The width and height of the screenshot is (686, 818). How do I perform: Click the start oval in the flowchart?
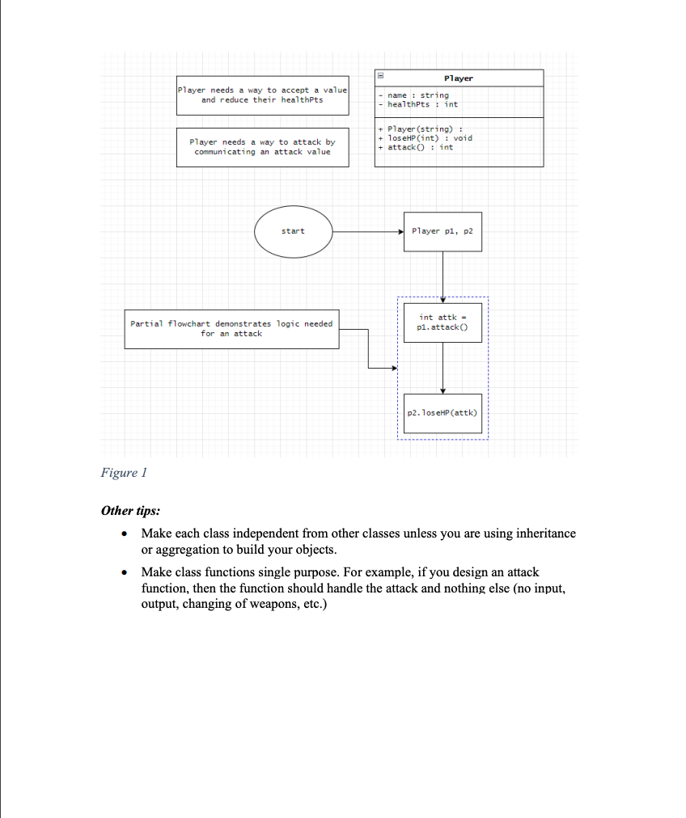click(293, 231)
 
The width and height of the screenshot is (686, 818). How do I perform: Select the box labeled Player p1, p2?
click(442, 231)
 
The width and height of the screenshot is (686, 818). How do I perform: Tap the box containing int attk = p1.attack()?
click(443, 323)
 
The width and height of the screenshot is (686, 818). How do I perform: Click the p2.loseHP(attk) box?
click(443, 412)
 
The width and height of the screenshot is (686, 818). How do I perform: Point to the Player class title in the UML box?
click(459, 78)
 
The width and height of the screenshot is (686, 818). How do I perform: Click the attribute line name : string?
click(418, 95)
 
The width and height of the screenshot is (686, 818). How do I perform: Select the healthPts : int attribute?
click(422, 104)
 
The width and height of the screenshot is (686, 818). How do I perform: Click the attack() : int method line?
click(420, 147)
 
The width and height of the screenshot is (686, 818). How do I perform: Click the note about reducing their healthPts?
click(263, 95)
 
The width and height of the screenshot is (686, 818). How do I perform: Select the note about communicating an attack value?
click(262, 147)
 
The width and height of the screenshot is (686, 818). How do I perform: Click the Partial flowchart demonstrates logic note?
click(231, 328)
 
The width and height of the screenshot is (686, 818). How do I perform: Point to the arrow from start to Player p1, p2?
click(368, 231)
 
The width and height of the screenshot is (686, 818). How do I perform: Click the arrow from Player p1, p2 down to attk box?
click(443, 275)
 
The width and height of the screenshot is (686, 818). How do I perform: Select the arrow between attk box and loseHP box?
click(443, 368)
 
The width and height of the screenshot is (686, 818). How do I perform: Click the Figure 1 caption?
click(124, 473)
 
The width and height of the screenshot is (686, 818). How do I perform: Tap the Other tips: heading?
click(130, 511)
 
